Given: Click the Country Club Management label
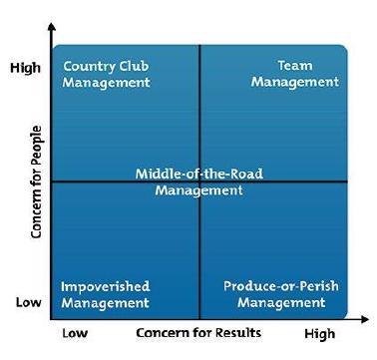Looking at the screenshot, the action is tap(106, 74).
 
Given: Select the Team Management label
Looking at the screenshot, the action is tap(295, 74).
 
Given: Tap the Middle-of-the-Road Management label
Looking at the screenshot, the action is tap(199, 181).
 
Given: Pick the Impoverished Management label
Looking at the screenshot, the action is tap(105, 294).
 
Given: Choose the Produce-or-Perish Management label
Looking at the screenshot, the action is tap(281, 294).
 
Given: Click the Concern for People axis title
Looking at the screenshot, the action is tap(36, 181).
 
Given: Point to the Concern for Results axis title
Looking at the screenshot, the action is tap(198, 332).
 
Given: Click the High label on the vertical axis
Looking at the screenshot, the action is tap(25, 68).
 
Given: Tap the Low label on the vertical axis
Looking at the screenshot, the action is tap(29, 302).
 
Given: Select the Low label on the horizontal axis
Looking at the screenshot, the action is tap(75, 333).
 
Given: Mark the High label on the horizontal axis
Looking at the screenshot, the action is tap(319, 333).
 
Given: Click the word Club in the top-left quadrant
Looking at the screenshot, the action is tap(134, 66).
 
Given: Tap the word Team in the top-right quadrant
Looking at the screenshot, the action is tap(295, 65).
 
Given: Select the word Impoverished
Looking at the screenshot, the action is tap(105, 286).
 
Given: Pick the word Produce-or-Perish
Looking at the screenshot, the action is tap(281, 286).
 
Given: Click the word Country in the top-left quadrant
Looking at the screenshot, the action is tap(90, 66).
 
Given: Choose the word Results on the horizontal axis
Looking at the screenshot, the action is tap(238, 332).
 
